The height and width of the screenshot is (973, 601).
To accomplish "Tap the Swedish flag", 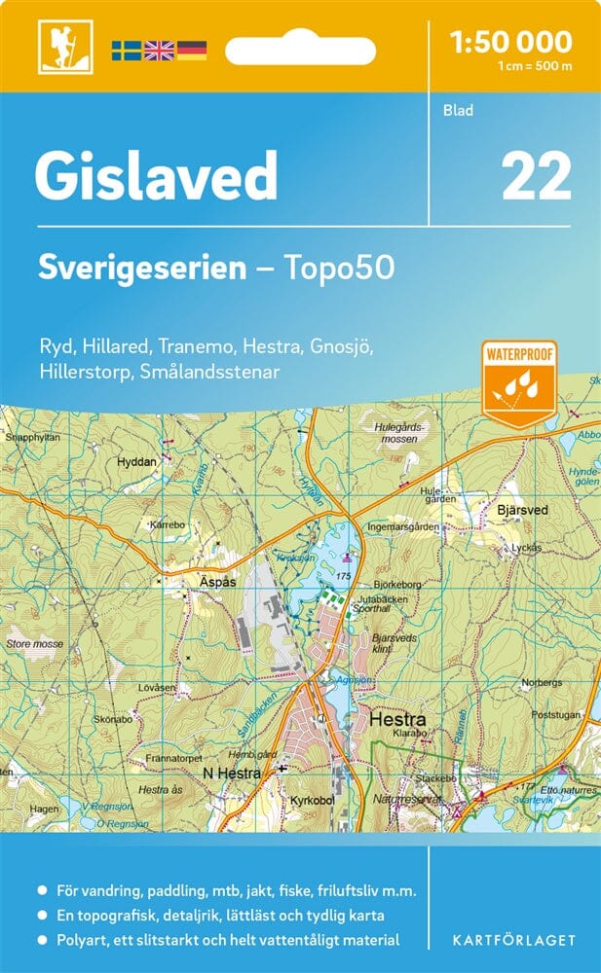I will [x=126, y=50].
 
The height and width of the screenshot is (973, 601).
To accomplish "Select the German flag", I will [x=191, y=50].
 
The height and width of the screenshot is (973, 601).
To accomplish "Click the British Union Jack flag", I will [x=158, y=50].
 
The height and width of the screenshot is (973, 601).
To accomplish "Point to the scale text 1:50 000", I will [x=510, y=41].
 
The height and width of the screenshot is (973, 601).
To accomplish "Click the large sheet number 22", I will [x=536, y=177].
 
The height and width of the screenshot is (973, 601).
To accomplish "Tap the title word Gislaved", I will [x=156, y=177].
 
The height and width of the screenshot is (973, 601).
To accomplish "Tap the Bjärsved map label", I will [x=522, y=510].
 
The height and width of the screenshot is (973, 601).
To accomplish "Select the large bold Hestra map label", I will [x=397, y=721].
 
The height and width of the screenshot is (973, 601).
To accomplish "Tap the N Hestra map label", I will [x=231, y=774].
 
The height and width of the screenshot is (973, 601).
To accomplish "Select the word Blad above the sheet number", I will [x=457, y=111].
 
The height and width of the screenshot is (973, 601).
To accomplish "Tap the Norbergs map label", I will [x=543, y=682].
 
